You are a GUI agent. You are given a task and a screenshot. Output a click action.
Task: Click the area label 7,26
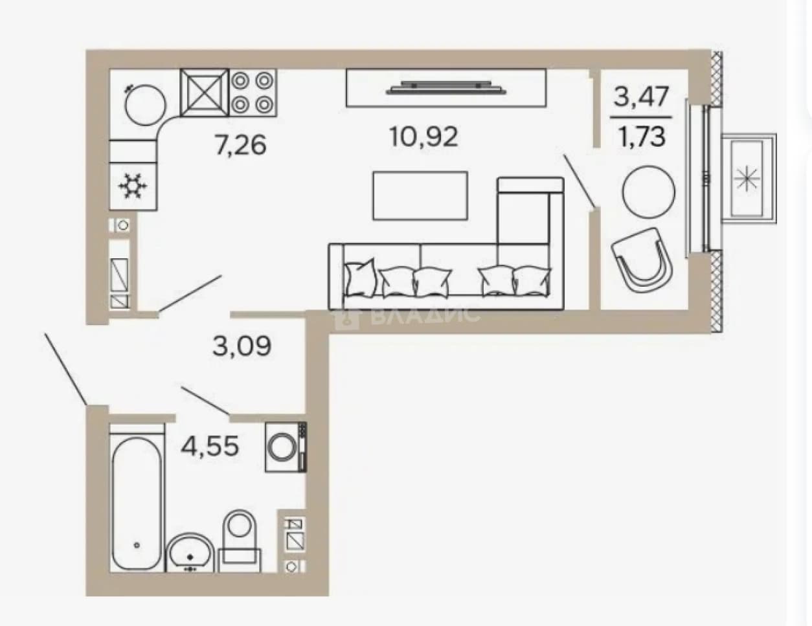point(241,145)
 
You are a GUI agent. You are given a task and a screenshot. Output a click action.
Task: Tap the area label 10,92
point(423,137)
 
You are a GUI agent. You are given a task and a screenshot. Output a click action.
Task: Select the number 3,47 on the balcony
point(641,96)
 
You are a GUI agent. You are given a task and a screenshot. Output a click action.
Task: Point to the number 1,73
point(642,137)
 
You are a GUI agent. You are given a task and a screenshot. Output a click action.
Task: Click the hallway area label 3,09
point(242,346)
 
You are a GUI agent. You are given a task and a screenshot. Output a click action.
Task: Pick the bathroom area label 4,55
point(210,446)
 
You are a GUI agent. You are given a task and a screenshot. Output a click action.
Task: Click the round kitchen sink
point(145,105)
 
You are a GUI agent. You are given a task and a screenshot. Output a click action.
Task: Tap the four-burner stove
point(253,93)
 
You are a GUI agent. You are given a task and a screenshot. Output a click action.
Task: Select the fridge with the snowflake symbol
point(133,186)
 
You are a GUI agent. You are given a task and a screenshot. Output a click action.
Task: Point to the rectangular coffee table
point(420,196)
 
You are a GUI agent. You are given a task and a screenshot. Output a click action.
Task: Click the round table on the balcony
point(649,192)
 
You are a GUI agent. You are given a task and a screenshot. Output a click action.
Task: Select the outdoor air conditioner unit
point(749,178)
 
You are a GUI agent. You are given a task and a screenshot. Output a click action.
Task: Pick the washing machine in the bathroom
point(286,447)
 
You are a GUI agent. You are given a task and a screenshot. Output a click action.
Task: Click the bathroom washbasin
point(190,553)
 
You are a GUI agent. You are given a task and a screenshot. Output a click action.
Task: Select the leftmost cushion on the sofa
point(361,278)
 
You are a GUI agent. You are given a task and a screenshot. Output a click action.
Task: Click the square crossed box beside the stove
point(204,93)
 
